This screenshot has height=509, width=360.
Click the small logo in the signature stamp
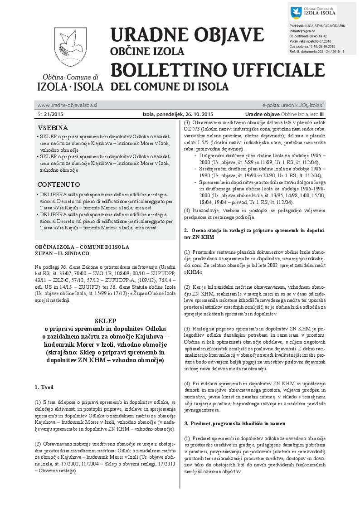[296, 13]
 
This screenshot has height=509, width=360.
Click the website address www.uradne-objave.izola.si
[67, 105]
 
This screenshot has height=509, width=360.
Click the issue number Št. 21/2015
[50, 114]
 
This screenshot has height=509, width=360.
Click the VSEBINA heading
[53, 128]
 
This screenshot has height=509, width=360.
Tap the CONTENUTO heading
[58, 184]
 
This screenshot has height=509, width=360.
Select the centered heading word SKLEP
[105, 320]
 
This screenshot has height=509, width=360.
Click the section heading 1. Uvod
[44, 387]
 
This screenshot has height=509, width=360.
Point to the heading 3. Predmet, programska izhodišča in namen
[234, 423]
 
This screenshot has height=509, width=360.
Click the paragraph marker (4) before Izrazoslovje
[187, 211]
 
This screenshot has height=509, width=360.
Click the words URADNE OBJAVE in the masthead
[187, 35]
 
